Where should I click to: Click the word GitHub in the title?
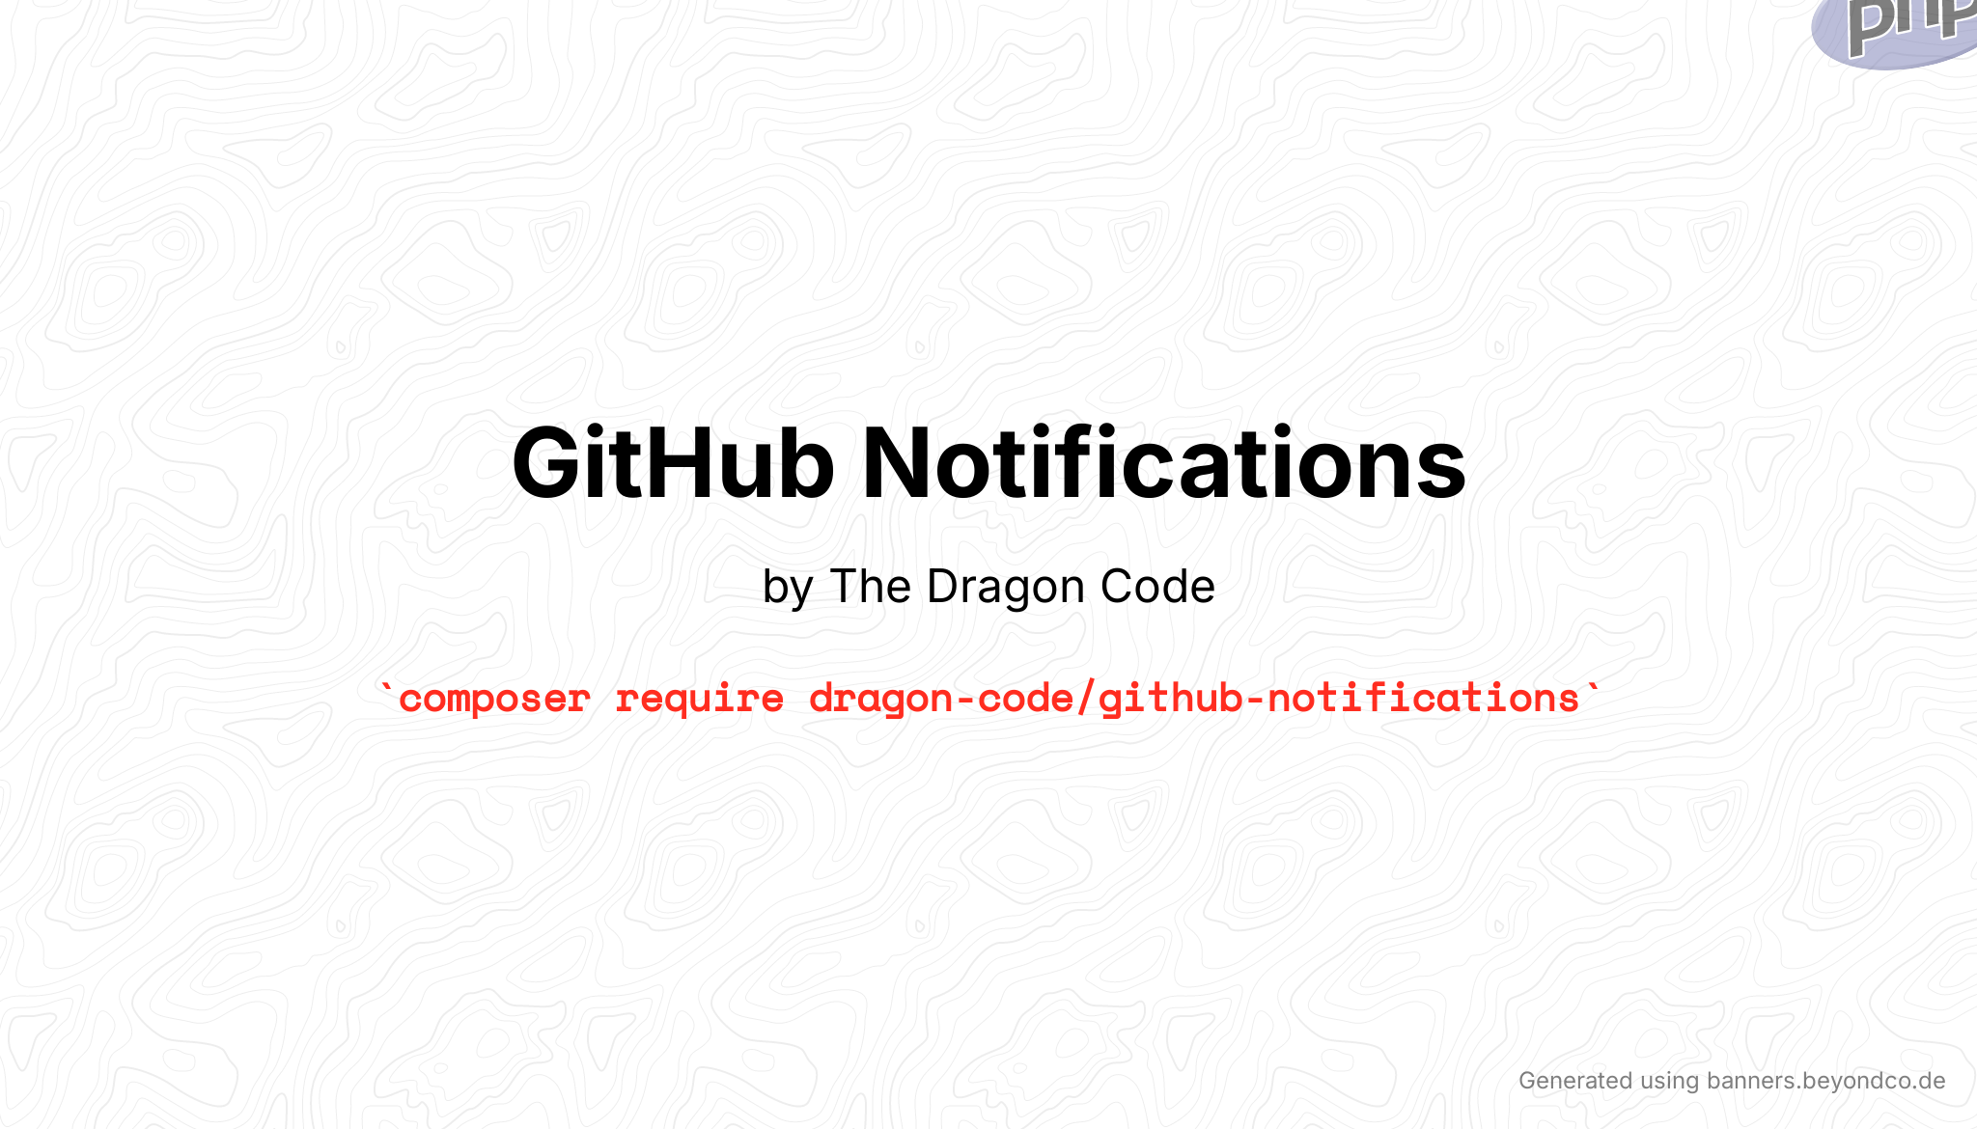point(673,464)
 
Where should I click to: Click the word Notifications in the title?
point(1163,464)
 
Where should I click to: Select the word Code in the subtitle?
point(1156,587)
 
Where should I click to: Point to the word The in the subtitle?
point(870,587)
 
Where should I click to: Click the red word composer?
point(494,699)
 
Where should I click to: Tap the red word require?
point(700,699)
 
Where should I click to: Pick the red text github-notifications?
point(1339,699)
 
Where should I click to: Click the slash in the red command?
point(1086,699)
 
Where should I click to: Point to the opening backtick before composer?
point(387,690)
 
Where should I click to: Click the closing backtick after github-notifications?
point(1592,690)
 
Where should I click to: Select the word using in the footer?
point(1669,1082)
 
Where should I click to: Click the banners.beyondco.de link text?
point(1825,1081)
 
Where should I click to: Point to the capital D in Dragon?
point(942,587)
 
